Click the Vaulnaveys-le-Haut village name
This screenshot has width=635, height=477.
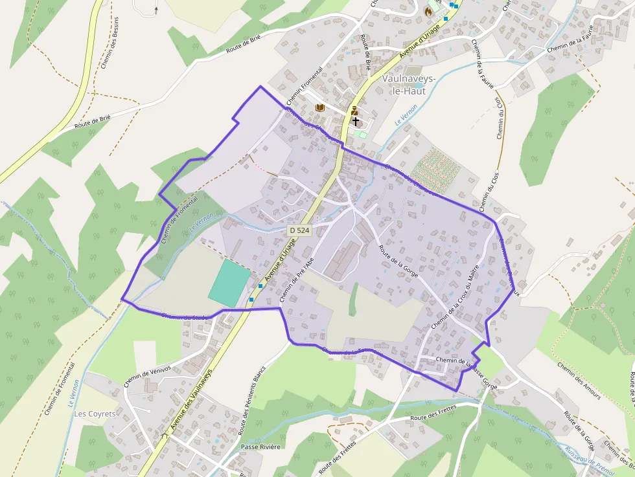pos(410,85)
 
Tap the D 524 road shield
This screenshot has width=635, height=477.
pos(299,230)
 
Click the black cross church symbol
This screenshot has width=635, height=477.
pos(355,121)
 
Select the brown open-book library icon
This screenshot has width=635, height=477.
pos(319,107)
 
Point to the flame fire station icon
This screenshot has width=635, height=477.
pos(428,11)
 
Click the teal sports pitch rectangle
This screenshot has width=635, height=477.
pos(229,283)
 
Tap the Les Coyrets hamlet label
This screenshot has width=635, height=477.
pos(95,414)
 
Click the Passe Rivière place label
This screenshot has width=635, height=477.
pos(260,447)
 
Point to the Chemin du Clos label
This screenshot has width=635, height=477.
pos(499,118)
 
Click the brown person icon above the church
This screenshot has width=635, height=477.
pos(354,109)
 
